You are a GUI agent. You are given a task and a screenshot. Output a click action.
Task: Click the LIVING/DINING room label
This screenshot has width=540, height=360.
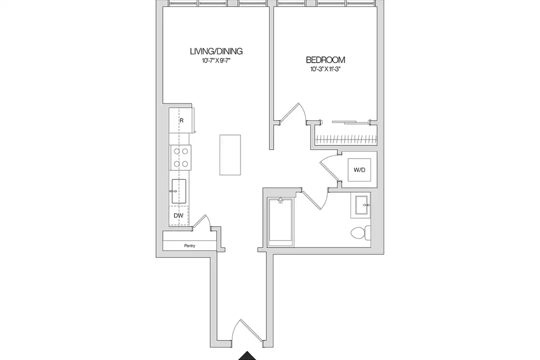pos(216,51)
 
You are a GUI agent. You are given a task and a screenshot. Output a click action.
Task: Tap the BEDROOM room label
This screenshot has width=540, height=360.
pos(325,60)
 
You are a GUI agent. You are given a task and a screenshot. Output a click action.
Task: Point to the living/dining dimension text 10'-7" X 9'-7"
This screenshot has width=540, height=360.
pos(216,60)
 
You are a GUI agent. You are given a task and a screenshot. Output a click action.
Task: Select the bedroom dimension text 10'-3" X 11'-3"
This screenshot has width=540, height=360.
pos(325,69)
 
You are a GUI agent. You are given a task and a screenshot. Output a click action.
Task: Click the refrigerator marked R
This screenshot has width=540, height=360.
pos(181,120)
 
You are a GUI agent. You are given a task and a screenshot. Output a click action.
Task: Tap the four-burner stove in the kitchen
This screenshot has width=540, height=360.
pos(180,157)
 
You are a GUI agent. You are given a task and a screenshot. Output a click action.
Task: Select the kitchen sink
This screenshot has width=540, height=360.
pos(179,191)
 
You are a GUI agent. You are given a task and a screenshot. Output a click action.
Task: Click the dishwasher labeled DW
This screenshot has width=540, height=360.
pos(178,215)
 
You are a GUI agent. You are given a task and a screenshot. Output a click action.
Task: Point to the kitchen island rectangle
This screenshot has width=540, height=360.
pos(230,155)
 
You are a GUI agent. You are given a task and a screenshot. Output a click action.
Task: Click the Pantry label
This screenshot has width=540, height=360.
pos(189,245)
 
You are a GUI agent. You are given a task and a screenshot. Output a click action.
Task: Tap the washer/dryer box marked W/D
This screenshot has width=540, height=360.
pos(359,170)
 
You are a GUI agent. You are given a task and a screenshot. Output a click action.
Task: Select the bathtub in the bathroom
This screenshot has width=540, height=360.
pos(280,222)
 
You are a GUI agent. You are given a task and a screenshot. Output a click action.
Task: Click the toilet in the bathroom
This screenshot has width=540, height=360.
pos(360,232)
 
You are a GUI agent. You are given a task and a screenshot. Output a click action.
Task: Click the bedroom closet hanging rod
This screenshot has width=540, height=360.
pos(346,139)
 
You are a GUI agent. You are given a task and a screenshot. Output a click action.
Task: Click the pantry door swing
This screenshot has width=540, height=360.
pos(201,221)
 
